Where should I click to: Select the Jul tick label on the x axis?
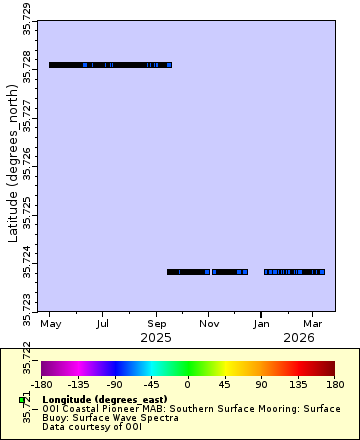click(x=103, y=325)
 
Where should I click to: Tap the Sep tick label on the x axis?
click(x=156, y=325)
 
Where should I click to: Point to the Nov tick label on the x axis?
click(x=209, y=325)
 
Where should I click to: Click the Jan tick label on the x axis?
click(x=261, y=325)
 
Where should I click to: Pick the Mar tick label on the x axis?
click(x=312, y=325)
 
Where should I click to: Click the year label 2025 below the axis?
click(x=156, y=338)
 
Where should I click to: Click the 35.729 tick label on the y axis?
click(x=27, y=21)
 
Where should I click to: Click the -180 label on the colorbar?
click(x=41, y=384)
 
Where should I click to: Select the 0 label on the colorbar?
click(x=187, y=384)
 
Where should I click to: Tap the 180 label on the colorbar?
click(x=334, y=384)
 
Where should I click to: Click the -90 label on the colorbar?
click(x=114, y=384)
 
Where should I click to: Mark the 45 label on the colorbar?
click(x=224, y=384)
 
